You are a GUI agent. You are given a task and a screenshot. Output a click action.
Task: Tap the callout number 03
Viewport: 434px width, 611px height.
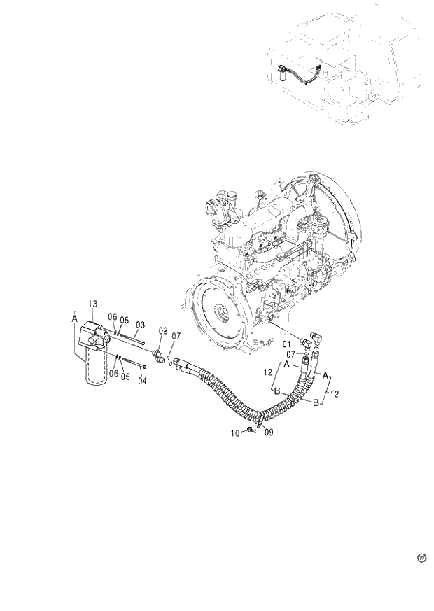pyautogui.click(x=140, y=325)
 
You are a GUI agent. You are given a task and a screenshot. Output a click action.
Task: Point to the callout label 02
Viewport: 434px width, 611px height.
pyautogui.click(x=162, y=330)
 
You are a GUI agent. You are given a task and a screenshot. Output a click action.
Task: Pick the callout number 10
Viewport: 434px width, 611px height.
pyautogui.click(x=237, y=434)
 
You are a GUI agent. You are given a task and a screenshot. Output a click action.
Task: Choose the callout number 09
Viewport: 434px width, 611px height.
pyautogui.click(x=269, y=433)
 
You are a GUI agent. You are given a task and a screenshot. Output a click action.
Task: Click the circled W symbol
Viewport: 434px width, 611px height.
pyautogui.click(x=421, y=558)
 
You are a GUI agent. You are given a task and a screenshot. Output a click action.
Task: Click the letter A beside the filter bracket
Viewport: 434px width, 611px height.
pyautogui.click(x=74, y=318)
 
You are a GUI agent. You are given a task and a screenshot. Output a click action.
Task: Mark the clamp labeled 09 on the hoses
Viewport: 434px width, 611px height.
pyautogui.click(x=258, y=424)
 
